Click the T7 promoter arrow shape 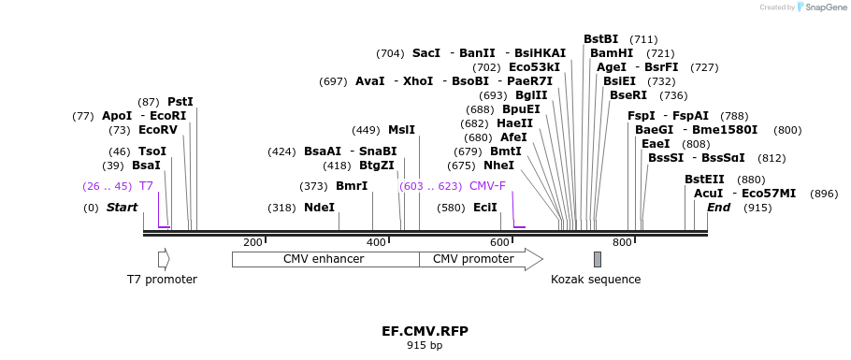tap(163, 259)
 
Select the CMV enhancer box tap(324, 259)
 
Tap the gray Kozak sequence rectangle tap(598, 259)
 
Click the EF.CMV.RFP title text tap(425, 331)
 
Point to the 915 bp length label tap(425, 346)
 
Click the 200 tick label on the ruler tap(252, 243)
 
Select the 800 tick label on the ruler tap(622, 243)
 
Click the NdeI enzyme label tap(319, 208)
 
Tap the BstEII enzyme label tap(704, 180)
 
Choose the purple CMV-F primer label tap(487, 186)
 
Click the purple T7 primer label tap(146, 186)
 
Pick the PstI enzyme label tap(180, 102)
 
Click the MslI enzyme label tap(401, 130)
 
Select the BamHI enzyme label tap(612, 53)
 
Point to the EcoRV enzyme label tap(157, 130)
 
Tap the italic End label tap(718, 208)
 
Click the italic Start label tap(122, 208)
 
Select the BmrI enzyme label tap(352, 186)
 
